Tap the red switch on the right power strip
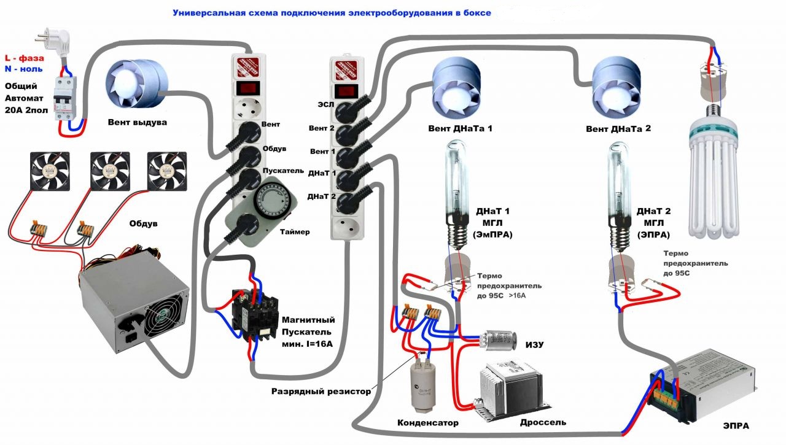click(x=345, y=90)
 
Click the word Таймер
click(x=295, y=232)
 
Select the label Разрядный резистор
click(x=321, y=391)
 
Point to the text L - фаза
click(x=24, y=58)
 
